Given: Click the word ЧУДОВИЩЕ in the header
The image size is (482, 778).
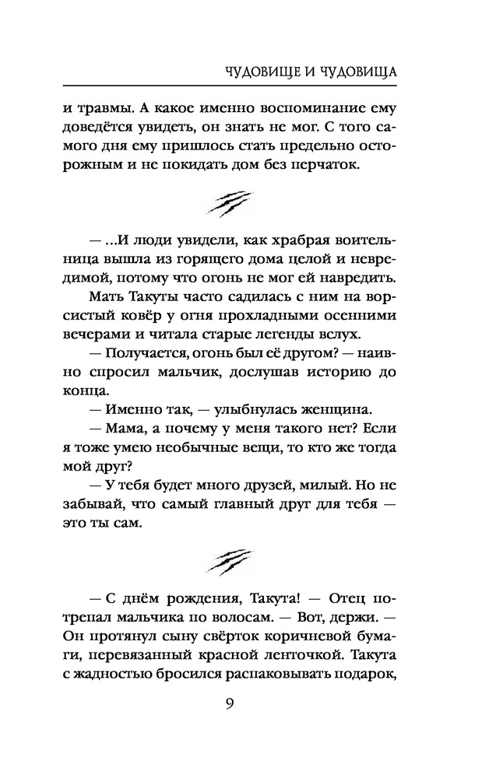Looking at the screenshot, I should [x=252, y=72].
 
